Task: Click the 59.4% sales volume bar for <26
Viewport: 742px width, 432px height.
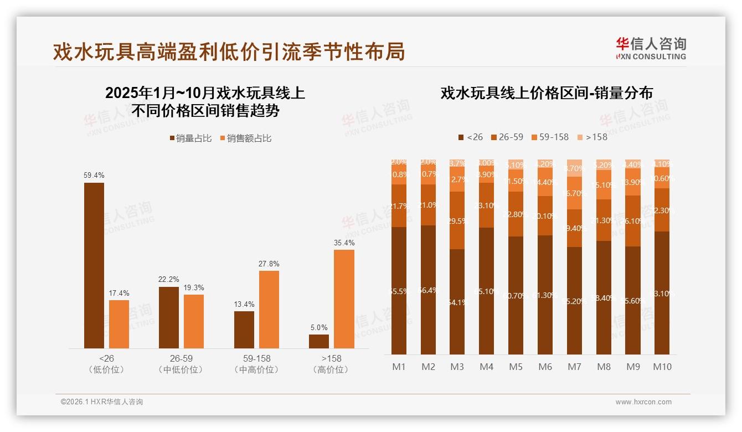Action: click(94, 265)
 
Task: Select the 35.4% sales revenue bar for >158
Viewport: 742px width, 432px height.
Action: click(344, 299)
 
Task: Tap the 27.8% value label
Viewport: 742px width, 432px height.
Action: click(269, 264)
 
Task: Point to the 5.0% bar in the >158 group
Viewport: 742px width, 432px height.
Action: click(319, 341)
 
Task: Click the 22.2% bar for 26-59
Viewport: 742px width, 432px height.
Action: click(169, 317)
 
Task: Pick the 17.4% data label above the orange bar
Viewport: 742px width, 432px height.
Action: click(119, 293)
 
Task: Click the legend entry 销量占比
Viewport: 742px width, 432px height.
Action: click(190, 138)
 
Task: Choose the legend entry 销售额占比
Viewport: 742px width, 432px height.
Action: click(245, 138)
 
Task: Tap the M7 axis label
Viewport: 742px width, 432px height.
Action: click(574, 367)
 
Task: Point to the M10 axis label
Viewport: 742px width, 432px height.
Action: click(662, 367)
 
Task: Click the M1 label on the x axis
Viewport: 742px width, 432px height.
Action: click(399, 367)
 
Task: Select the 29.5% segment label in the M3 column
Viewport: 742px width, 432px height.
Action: click(457, 220)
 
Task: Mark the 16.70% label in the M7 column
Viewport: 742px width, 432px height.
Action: click(574, 193)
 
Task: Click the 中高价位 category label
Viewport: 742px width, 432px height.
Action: click(256, 369)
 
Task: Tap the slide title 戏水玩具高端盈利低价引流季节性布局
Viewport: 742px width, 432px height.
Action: click(229, 52)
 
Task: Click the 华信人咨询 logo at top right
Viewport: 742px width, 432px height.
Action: click(651, 48)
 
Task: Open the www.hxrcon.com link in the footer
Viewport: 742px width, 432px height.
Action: click(643, 402)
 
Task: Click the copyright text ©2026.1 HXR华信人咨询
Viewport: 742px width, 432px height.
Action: click(102, 402)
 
